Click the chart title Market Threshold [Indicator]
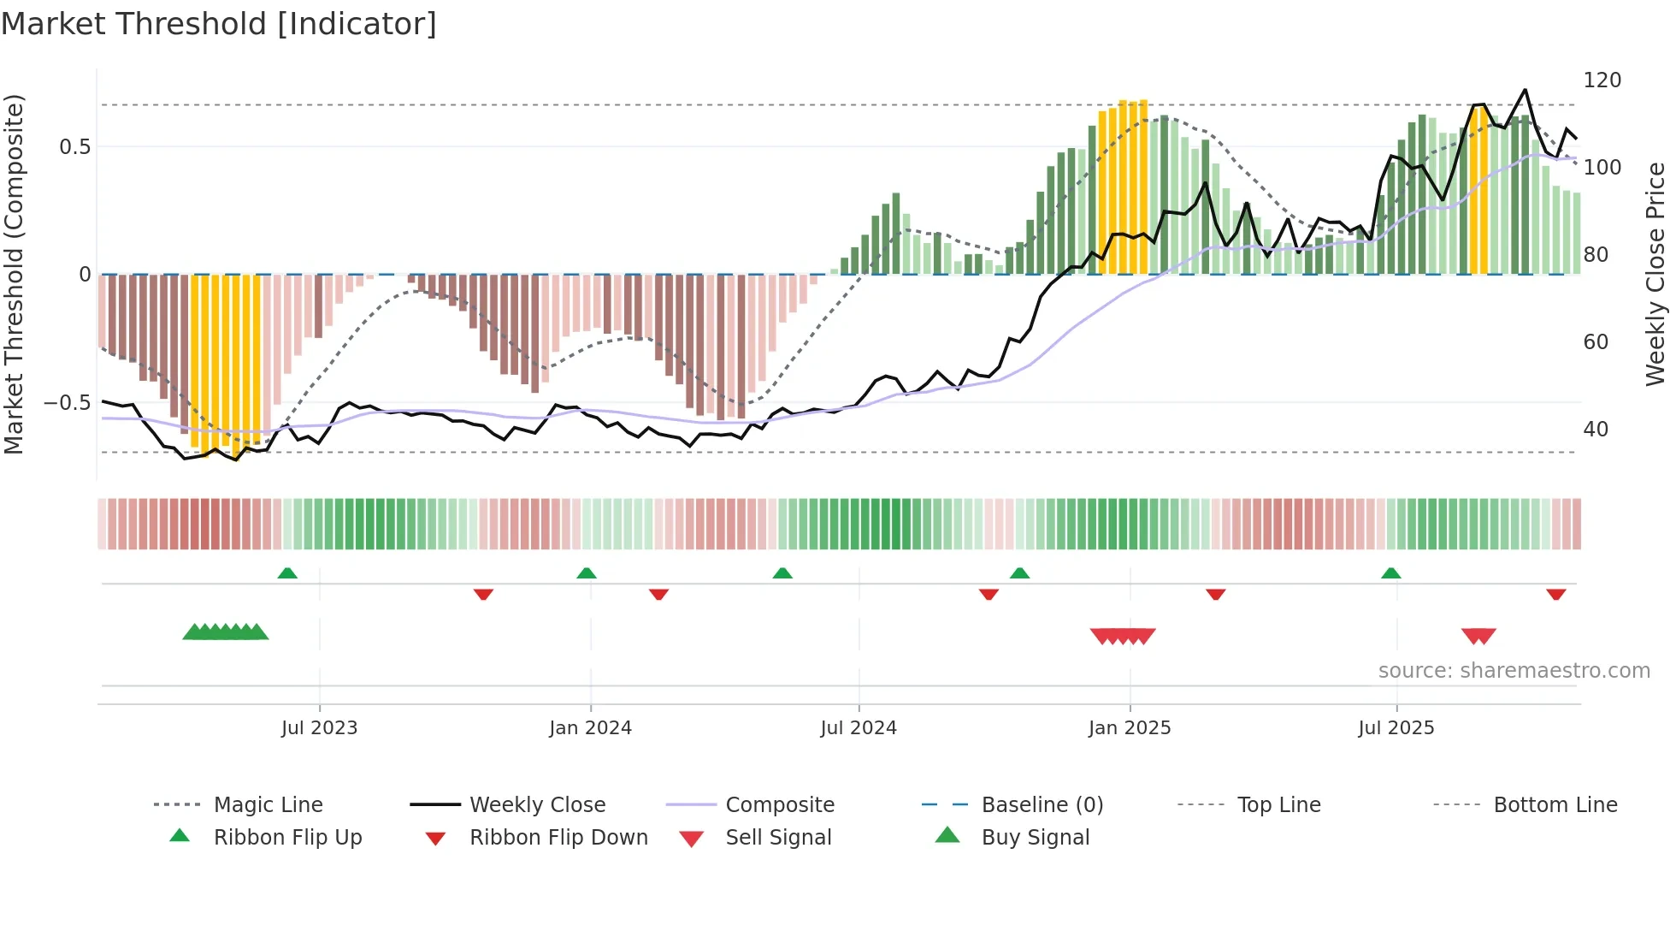pyautogui.click(x=219, y=24)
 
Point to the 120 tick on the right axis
pyautogui.click(x=1602, y=80)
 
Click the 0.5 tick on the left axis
pyautogui.click(x=74, y=147)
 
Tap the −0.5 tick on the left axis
pyautogui.click(x=68, y=403)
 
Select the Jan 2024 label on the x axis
pyautogui.click(x=590, y=728)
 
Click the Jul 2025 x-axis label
pyautogui.click(x=1396, y=728)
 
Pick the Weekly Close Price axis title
pyautogui.click(x=1655, y=274)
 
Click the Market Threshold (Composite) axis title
pyautogui.click(x=14, y=274)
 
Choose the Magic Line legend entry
pyautogui.click(x=268, y=805)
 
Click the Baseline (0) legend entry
pyautogui.click(x=1042, y=805)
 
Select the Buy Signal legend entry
pyautogui.click(x=1035, y=838)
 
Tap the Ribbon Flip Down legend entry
pyautogui.click(x=558, y=838)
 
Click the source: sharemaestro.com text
pyautogui.click(x=1514, y=671)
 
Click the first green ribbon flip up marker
pyautogui.click(x=287, y=573)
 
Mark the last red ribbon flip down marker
pyautogui.click(x=1555, y=594)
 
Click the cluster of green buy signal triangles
pyautogui.click(x=226, y=632)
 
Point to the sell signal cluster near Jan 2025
pyautogui.click(x=1123, y=636)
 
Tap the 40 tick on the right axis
pyautogui.click(x=1595, y=430)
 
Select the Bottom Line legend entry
pyautogui.click(x=1555, y=805)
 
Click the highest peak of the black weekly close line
pyautogui.click(x=1525, y=90)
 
